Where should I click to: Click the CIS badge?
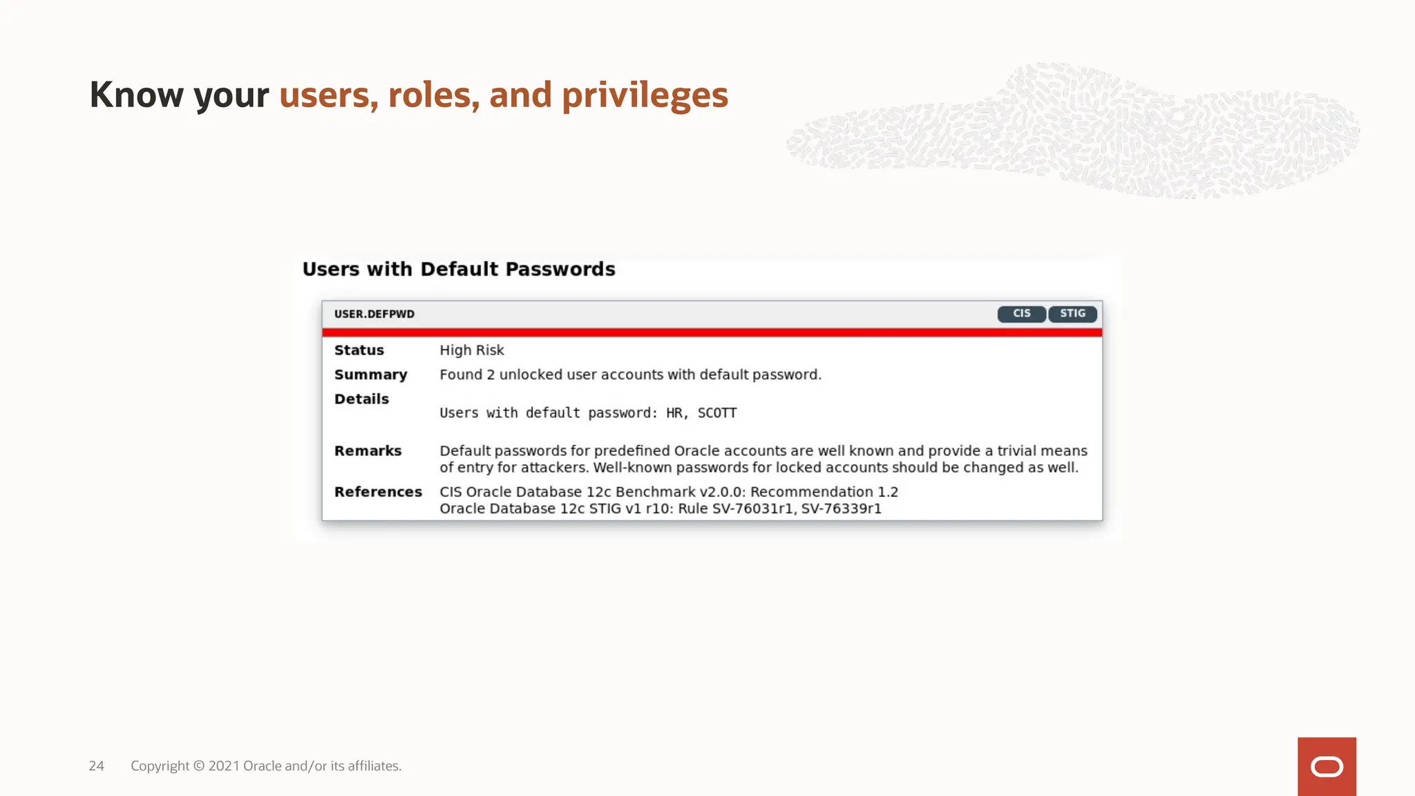point(1021,314)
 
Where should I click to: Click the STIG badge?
point(1072,314)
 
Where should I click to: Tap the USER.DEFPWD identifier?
point(374,314)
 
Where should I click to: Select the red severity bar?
point(712,332)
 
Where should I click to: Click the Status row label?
point(359,350)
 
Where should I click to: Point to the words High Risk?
point(471,350)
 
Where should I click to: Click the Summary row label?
point(370,375)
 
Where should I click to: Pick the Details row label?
point(361,399)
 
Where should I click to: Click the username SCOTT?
point(716,413)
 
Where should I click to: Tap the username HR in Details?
point(674,413)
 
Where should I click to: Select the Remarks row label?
point(368,451)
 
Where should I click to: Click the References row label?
point(378,492)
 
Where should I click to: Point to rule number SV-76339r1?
point(841,509)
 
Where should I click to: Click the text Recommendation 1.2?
point(824,492)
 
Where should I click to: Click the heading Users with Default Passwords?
point(458,269)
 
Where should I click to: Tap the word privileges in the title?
point(645,95)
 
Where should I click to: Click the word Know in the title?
point(137,95)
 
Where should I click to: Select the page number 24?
point(96,766)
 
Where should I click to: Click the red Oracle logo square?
point(1326,766)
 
